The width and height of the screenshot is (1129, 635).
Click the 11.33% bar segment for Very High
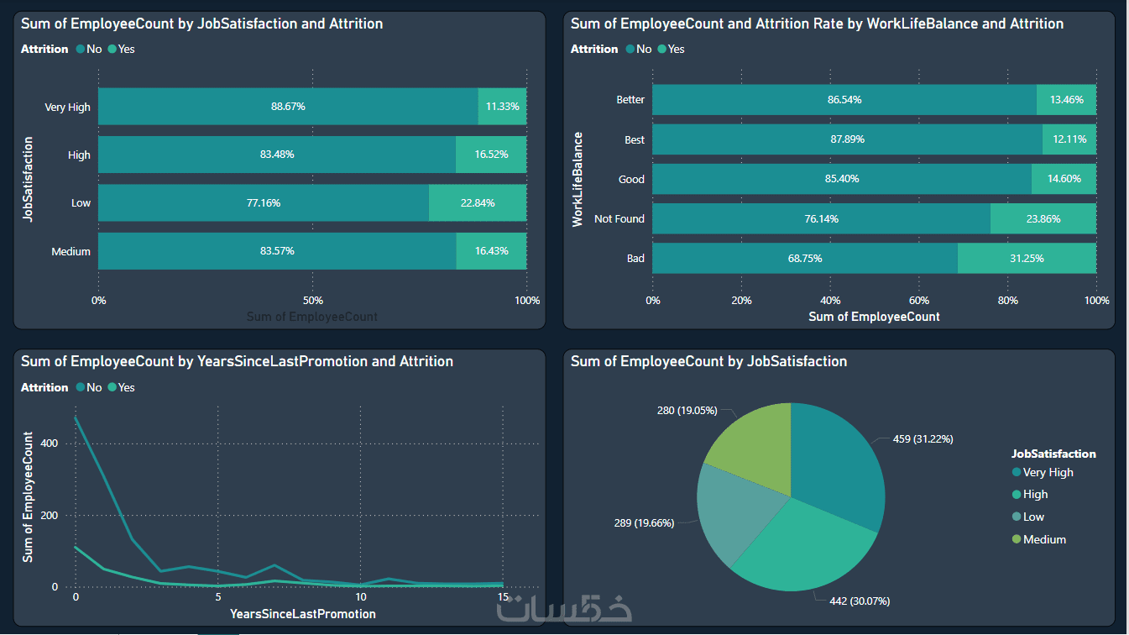click(x=502, y=107)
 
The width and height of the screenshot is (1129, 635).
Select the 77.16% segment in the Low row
click(x=263, y=203)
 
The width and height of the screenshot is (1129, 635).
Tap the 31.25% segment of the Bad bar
click(x=1027, y=259)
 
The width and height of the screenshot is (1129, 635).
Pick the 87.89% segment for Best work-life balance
click(x=846, y=139)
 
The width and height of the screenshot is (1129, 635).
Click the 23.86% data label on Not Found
click(x=1043, y=219)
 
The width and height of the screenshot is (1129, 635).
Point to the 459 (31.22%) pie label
click(x=923, y=439)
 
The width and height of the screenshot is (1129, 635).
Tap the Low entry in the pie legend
click(x=1033, y=517)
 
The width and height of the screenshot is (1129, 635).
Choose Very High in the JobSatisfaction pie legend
click(x=1048, y=473)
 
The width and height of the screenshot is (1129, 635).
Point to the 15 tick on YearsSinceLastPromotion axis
click(x=503, y=597)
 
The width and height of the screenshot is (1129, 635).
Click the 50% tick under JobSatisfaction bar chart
click(x=312, y=301)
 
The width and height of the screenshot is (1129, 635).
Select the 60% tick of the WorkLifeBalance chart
click(x=919, y=301)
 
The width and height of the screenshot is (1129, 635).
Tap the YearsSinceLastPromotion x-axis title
click(x=303, y=614)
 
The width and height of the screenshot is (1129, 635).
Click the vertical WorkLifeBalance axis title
click(x=578, y=179)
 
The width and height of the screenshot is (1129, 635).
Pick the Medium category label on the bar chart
click(x=71, y=251)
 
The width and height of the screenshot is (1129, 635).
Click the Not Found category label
click(x=619, y=219)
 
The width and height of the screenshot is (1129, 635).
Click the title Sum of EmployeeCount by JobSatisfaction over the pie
click(x=708, y=362)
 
